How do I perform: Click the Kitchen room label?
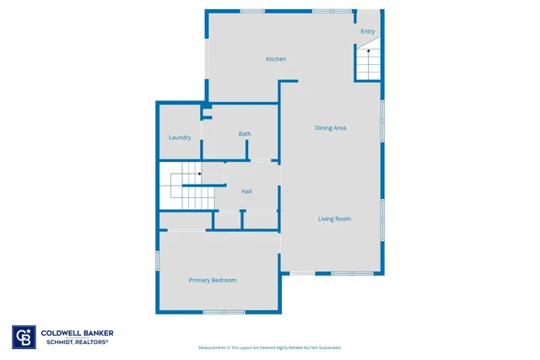[276, 59]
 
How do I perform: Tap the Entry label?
[368, 32]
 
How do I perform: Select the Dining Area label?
[331, 128]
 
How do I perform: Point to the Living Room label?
[334, 219]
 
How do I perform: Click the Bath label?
[245, 134]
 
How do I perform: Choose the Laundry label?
[179, 137]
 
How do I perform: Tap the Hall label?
[246, 192]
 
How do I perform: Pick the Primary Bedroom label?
[213, 280]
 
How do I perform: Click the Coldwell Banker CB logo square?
[24, 336]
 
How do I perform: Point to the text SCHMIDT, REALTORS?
[74, 341]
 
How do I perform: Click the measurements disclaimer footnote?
[269, 347]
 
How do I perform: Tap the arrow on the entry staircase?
[368, 53]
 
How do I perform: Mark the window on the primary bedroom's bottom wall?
[224, 312]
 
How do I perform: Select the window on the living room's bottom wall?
[352, 273]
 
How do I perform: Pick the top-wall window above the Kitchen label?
[251, 11]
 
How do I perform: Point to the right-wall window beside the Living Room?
[383, 211]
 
